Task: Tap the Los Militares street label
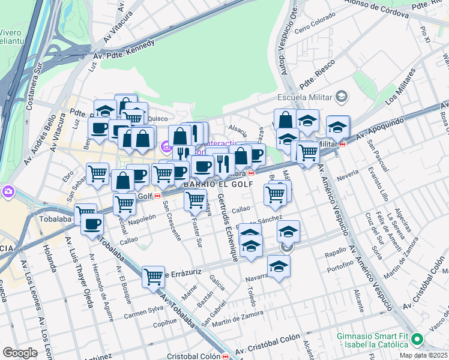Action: pos(401,86)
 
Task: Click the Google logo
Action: pos(20,352)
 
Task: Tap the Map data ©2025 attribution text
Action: pos(424,355)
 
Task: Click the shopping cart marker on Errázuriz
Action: pos(153,277)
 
